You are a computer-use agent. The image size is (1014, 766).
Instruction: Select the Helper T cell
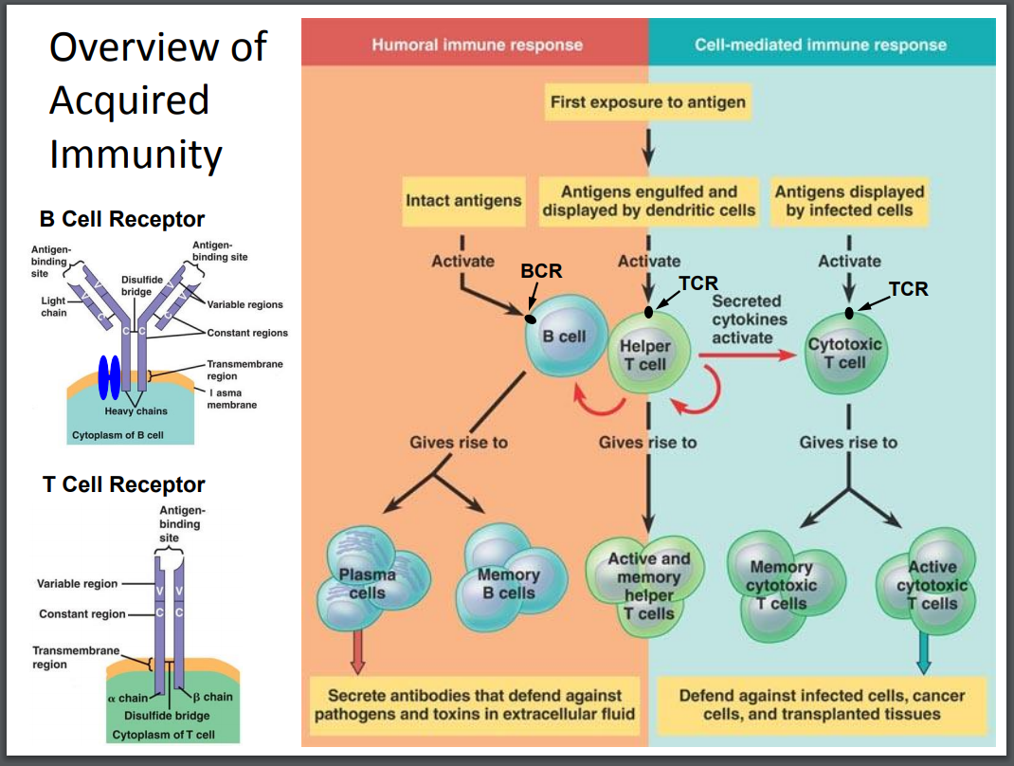tap(644, 356)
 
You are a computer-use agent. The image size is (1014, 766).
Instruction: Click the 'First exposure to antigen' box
tap(647, 101)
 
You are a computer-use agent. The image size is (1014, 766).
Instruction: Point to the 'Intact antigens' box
tap(462, 200)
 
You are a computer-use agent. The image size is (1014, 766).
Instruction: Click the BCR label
tap(541, 271)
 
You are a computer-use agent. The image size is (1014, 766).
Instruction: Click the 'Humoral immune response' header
tap(477, 45)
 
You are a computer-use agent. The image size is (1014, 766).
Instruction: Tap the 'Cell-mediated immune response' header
tap(821, 45)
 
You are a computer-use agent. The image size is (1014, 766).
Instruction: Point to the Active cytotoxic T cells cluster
tap(930, 583)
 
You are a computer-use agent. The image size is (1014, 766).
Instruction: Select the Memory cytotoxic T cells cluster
tap(779, 583)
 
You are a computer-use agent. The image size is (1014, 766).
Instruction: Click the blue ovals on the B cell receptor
tap(109, 376)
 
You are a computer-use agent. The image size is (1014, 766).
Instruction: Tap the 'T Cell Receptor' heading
tap(124, 484)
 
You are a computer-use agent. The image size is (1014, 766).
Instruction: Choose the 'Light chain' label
tap(53, 305)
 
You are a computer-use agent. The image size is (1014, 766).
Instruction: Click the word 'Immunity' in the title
tap(136, 153)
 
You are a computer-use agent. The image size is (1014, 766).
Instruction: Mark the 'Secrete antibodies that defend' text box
tap(475, 704)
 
